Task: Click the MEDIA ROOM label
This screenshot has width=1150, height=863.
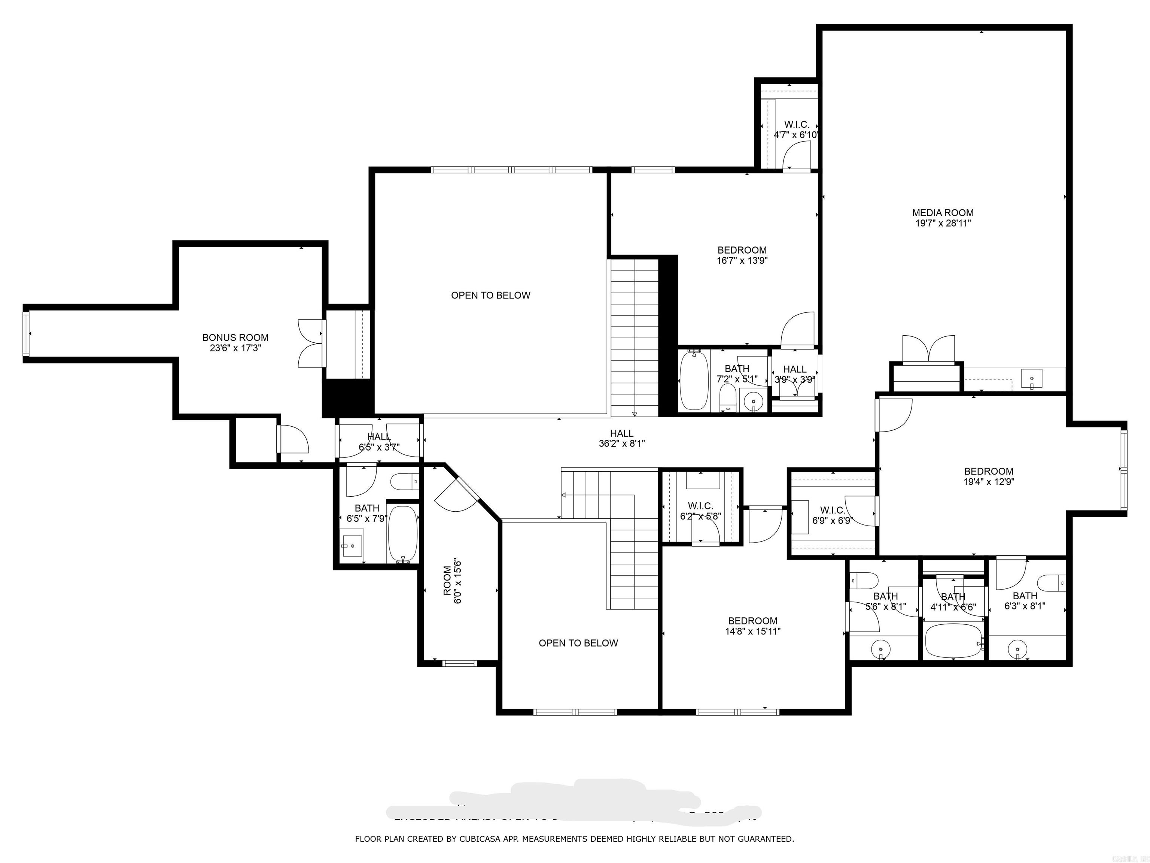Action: [943, 212]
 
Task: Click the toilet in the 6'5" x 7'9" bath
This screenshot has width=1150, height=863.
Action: [404, 482]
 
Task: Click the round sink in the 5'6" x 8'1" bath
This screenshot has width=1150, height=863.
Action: [881, 649]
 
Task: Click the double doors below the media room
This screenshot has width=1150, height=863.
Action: [928, 349]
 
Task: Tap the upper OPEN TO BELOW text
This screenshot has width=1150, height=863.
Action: [490, 296]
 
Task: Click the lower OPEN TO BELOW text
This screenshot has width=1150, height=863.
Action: [578, 643]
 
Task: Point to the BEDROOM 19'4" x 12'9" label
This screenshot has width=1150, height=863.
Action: [988, 476]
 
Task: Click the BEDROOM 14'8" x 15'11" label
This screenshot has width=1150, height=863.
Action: [752, 626]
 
